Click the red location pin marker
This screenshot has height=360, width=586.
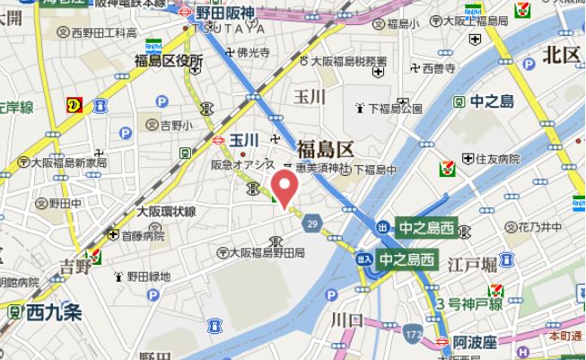[x=284, y=188]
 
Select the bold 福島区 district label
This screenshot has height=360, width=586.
[x=327, y=149]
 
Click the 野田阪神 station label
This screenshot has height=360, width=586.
[x=227, y=13]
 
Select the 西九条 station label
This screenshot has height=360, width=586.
[x=54, y=313]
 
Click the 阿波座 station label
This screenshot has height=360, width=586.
[x=474, y=342]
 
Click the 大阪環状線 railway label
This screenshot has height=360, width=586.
[x=166, y=212]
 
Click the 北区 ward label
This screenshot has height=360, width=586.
[x=562, y=55]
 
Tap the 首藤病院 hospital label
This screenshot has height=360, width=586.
[x=143, y=236]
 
